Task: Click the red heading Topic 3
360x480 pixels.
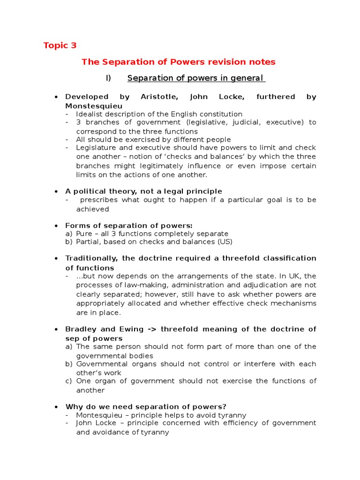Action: [x=60, y=45]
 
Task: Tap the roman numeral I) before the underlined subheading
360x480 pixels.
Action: [x=108, y=78]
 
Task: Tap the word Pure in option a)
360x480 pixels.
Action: [x=85, y=233]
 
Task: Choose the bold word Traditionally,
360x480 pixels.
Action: [x=92, y=259]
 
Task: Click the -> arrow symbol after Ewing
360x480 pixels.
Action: [x=150, y=330]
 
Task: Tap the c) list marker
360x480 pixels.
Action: [x=69, y=381]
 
